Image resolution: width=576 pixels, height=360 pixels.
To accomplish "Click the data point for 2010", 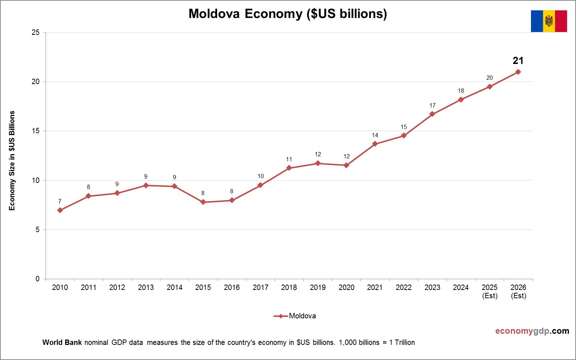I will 60,210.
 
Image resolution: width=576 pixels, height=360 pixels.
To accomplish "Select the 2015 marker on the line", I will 203,202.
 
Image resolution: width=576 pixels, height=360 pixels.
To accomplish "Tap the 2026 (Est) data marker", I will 518,72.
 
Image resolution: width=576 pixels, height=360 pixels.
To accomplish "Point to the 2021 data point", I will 375,144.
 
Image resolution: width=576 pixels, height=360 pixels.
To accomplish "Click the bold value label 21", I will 518,61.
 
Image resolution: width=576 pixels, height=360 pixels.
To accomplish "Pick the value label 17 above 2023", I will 432,106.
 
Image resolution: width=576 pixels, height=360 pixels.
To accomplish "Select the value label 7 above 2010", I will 60,202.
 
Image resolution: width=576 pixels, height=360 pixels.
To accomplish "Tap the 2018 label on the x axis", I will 289,287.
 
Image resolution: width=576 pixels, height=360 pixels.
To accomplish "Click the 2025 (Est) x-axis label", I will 490,291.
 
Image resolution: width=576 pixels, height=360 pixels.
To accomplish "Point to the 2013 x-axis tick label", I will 146,287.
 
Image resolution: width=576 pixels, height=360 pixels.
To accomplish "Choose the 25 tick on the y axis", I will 36,33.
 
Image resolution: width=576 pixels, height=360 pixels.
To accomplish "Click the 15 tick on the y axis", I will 36,131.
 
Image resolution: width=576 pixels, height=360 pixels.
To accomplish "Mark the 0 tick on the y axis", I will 37,279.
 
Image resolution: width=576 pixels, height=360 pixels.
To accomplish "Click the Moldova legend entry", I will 295,316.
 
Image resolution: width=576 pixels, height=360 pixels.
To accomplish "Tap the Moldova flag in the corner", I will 549,21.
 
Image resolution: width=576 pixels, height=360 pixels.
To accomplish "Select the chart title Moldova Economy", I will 288,14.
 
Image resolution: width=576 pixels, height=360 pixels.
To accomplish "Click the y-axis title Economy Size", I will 12,161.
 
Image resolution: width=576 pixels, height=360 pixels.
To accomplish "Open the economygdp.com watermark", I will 532,331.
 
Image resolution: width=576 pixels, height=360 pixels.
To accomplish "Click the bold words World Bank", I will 62,342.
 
